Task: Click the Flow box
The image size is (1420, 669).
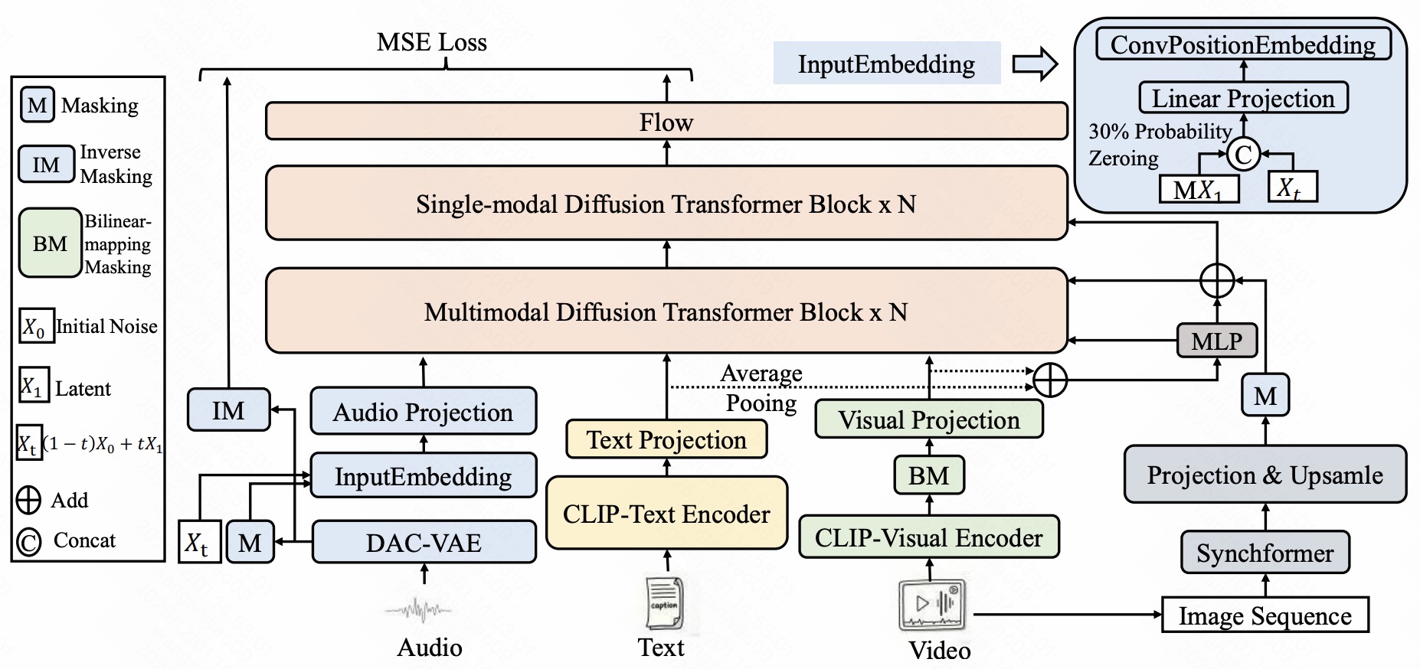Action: [666, 122]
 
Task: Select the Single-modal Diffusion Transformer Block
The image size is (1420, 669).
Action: [666, 204]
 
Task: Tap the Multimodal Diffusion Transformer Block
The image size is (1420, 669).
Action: [666, 311]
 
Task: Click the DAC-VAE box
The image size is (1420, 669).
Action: [424, 542]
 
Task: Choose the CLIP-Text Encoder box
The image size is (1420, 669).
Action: [666, 513]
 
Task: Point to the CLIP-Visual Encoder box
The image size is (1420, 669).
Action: [929, 537]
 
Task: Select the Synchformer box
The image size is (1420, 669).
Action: [1265, 552]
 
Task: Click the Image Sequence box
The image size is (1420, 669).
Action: [1265, 615]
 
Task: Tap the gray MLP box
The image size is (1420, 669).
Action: [1217, 340]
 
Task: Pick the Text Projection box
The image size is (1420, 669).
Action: [666, 439]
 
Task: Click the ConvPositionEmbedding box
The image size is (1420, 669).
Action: [1243, 44]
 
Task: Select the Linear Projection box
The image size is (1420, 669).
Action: [1243, 98]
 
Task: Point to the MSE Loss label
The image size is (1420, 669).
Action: [432, 42]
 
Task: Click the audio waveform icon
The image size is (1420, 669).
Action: [418, 610]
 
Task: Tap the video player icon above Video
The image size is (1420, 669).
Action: [932, 605]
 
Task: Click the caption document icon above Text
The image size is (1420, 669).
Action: [663, 603]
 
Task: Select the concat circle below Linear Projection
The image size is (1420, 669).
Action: [1243, 155]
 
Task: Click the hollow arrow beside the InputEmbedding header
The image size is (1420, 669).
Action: [1035, 64]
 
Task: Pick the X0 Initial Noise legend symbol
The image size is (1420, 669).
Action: [36, 325]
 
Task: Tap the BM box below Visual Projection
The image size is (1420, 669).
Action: [929, 475]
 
